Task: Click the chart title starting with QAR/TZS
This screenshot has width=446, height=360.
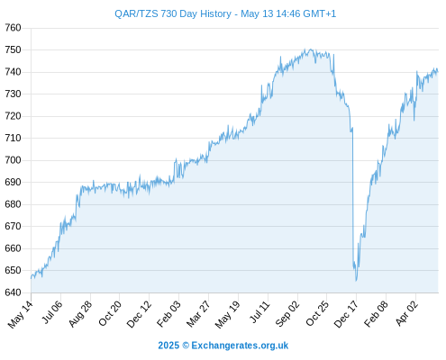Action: click(225, 13)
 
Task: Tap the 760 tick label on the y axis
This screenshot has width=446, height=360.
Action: click(13, 28)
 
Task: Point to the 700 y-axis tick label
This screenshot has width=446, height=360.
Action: click(13, 160)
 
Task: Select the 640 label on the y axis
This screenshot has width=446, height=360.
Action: click(13, 292)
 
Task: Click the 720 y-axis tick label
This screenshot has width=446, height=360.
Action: click(13, 116)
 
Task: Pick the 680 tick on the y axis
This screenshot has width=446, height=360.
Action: click(13, 204)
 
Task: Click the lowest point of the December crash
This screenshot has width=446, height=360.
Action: click(356, 281)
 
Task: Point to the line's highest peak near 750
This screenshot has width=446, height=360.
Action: click(311, 49)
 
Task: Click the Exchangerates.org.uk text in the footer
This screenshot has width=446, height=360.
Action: click(240, 346)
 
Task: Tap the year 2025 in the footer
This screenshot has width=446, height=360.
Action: click(168, 346)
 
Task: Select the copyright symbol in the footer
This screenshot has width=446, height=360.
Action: click(186, 346)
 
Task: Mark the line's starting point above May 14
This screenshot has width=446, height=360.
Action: click(31, 278)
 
